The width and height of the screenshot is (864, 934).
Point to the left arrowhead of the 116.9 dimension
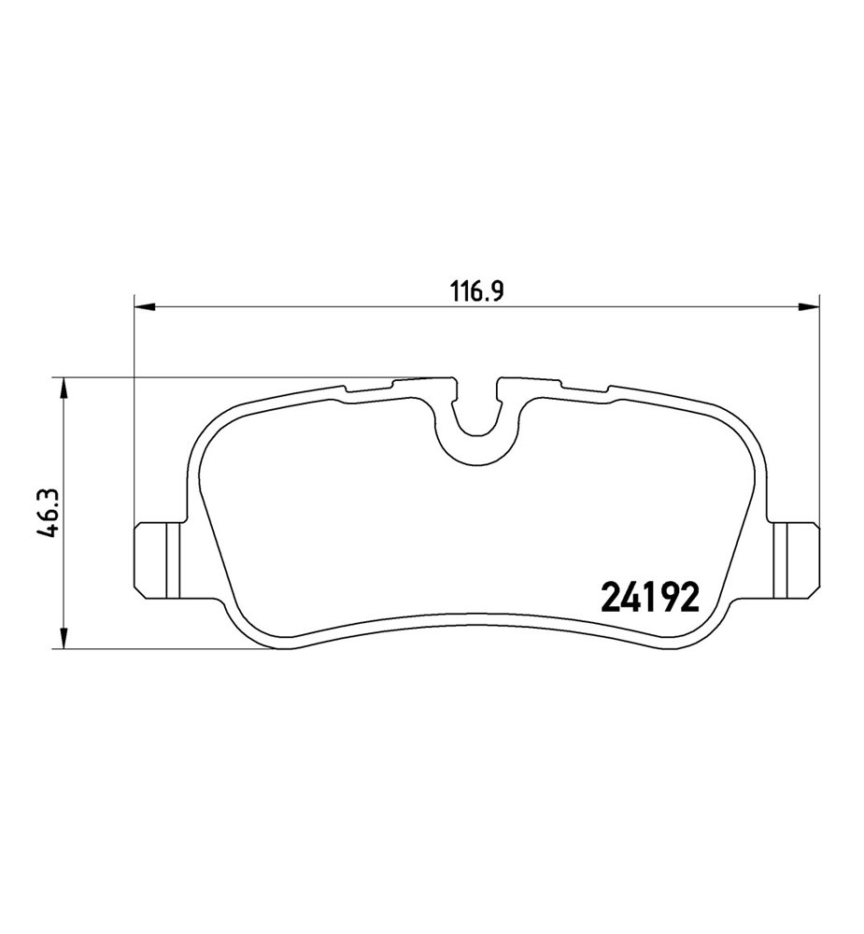coord(145,306)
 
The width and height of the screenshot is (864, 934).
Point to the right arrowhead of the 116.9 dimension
coord(809,306)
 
